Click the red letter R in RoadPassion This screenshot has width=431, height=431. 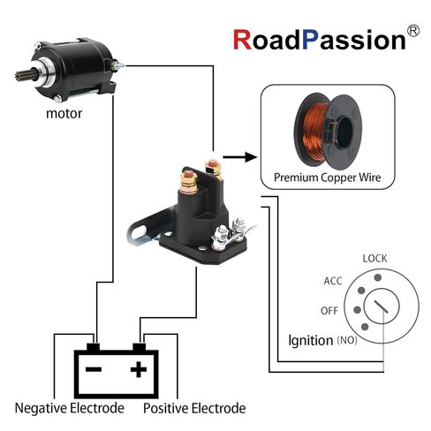[243, 40]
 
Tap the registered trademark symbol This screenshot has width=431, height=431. [412, 31]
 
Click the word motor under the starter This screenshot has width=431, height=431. [64, 114]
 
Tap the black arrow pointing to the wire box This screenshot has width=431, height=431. [239, 157]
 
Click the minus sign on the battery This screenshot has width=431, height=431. [94, 369]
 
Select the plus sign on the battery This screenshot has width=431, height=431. [139, 369]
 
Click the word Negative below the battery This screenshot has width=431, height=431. [42, 408]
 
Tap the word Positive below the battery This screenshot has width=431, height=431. [165, 408]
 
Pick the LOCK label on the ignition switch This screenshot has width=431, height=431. [374, 259]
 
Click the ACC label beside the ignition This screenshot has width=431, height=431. [333, 281]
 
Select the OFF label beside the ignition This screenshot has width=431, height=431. [329, 311]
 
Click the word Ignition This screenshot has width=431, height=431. [311, 341]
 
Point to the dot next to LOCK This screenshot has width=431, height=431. [378, 277]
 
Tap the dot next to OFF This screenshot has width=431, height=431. [357, 310]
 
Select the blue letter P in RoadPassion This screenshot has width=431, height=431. [310, 40]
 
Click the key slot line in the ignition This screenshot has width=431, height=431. [381, 306]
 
